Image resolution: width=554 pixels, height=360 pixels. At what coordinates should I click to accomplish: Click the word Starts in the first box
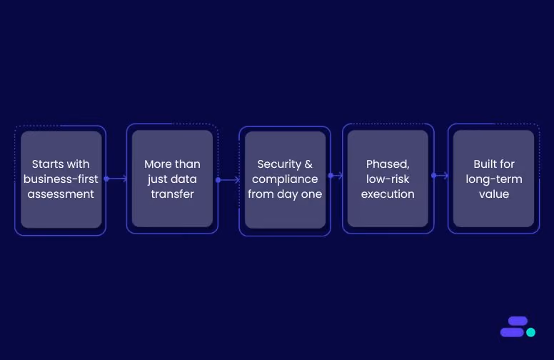click(48, 164)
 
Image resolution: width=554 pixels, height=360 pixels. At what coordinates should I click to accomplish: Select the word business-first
click(61, 179)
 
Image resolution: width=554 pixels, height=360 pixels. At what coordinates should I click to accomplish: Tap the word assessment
click(61, 194)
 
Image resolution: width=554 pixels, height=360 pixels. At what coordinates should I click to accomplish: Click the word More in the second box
click(158, 164)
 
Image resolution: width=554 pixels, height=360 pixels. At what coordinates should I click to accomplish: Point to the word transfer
click(173, 194)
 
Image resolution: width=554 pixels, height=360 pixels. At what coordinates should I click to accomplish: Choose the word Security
click(279, 164)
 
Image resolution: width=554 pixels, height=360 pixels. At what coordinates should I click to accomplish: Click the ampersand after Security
click(308, 164)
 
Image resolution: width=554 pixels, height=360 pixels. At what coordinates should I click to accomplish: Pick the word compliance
click(285, 179)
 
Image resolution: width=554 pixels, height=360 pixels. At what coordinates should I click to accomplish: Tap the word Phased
click(388, 164)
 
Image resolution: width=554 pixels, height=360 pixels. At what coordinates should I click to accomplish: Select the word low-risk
click(388, 179)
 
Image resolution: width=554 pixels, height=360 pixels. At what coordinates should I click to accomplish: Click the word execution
click(388, 194)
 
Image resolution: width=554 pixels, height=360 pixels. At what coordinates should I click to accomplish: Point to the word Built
click(484, 164)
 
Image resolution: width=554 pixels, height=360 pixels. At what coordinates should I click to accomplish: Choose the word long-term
click(494, 179)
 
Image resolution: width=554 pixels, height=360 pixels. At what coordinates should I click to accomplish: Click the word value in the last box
click(494, 194)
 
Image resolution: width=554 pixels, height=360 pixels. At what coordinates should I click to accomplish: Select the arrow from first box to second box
click(116, 179)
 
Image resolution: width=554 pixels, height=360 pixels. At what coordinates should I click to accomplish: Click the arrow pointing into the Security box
click(228, 180)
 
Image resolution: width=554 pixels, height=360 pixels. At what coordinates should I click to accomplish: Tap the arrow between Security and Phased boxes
click(336, 176)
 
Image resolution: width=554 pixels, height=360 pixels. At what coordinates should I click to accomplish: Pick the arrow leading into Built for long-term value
click(440, 176)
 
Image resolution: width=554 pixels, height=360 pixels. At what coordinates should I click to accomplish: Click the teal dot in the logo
click(530, 332)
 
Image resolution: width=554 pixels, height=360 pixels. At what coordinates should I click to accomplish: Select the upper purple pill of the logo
click(518, 321)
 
